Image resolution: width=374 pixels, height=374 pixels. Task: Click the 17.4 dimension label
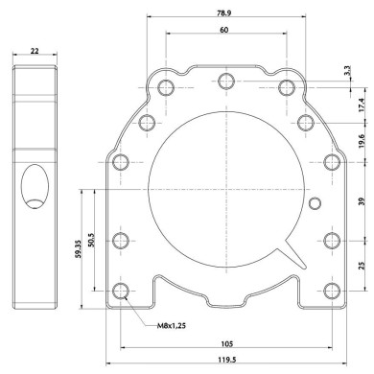(x=361, y=105)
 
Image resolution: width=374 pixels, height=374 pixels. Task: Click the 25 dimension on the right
(x=361, y=265)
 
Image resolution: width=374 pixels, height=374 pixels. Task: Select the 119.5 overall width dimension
(x=224, y=359)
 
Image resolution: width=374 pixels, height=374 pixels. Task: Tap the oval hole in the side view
(x=35, y=185)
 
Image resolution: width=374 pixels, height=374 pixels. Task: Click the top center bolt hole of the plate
(x=226, y=81)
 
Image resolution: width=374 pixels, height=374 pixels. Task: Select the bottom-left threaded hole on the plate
(x=121, y=291)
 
